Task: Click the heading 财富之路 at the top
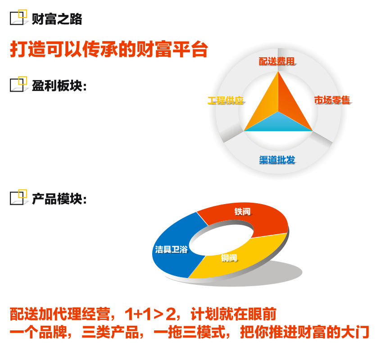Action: point(57,19)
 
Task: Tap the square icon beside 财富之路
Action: point(18,17)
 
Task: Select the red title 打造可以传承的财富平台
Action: point(109,50)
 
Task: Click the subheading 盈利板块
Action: point(59,86)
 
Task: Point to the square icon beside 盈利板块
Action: point(18,84)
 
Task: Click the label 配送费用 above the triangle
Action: point(277,61)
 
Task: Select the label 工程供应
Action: point(226,100)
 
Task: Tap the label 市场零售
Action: point(332,100)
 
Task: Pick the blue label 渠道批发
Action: point(277,160)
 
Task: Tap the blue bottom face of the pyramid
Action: point(278,123)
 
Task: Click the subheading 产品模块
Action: point(59,199)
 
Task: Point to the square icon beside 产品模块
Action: point(18,197)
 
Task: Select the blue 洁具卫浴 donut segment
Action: point(172,250)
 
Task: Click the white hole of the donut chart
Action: point(222,240)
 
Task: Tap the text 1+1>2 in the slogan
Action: point(150,314)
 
